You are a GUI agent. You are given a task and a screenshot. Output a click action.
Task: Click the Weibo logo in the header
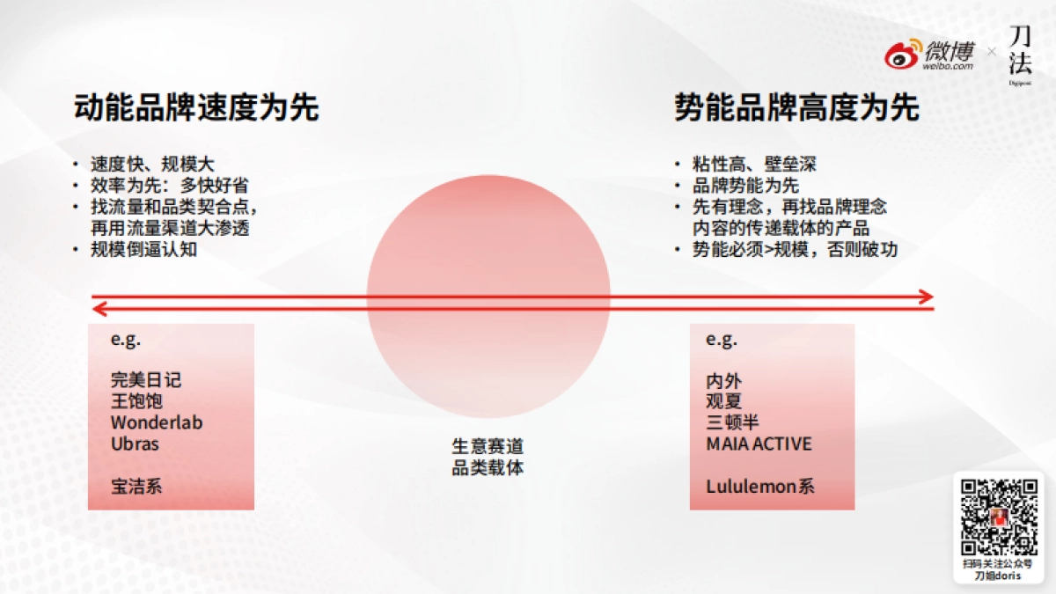click(931, 54)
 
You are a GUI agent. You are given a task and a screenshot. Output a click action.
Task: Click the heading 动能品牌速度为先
click(196, 107)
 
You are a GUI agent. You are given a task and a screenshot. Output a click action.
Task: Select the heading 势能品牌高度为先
click(797, 107)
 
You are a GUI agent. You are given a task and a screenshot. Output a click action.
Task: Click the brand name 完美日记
click(146, 380)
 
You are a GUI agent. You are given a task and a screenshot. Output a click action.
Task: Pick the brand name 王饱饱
click(137, 401)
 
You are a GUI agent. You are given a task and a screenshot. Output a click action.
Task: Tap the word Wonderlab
click(157, 422)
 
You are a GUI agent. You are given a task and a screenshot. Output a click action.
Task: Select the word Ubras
click(135, 444)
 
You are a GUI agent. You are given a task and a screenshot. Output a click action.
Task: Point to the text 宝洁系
click(137, 486)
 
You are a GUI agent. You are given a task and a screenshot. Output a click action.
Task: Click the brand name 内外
click(724, 380)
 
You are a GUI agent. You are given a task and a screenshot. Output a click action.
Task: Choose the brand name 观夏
click(724, 401)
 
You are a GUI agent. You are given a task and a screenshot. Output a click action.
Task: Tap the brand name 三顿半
click(732, 422)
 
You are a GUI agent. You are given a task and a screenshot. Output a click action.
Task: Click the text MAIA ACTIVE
click(759, 444)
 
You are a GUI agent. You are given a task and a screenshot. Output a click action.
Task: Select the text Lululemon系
click(760, 486)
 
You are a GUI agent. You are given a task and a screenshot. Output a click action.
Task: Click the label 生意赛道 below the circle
click(488, 446)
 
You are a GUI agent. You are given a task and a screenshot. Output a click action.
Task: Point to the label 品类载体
click(488, 467)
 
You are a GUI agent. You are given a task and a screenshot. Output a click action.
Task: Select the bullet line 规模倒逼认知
click(143, 249)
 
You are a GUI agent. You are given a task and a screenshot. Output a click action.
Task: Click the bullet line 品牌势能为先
click(746, 186)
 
